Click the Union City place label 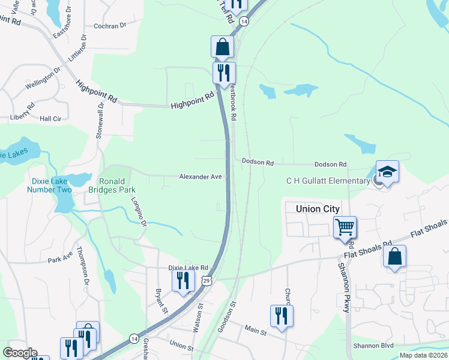click(318, 209)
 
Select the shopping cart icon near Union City click(345, 228)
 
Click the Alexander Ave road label click(200, 177)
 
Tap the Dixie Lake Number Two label click(49, 185)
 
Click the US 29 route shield click(206, 281)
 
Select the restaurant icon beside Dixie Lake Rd click(183, 280)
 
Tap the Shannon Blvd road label click(373, 346)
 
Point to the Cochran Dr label click(110, 26)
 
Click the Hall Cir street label click(50, 119)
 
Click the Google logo click(20, 353)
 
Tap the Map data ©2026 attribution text click(423, 355)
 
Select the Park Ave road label click(60, 260)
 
